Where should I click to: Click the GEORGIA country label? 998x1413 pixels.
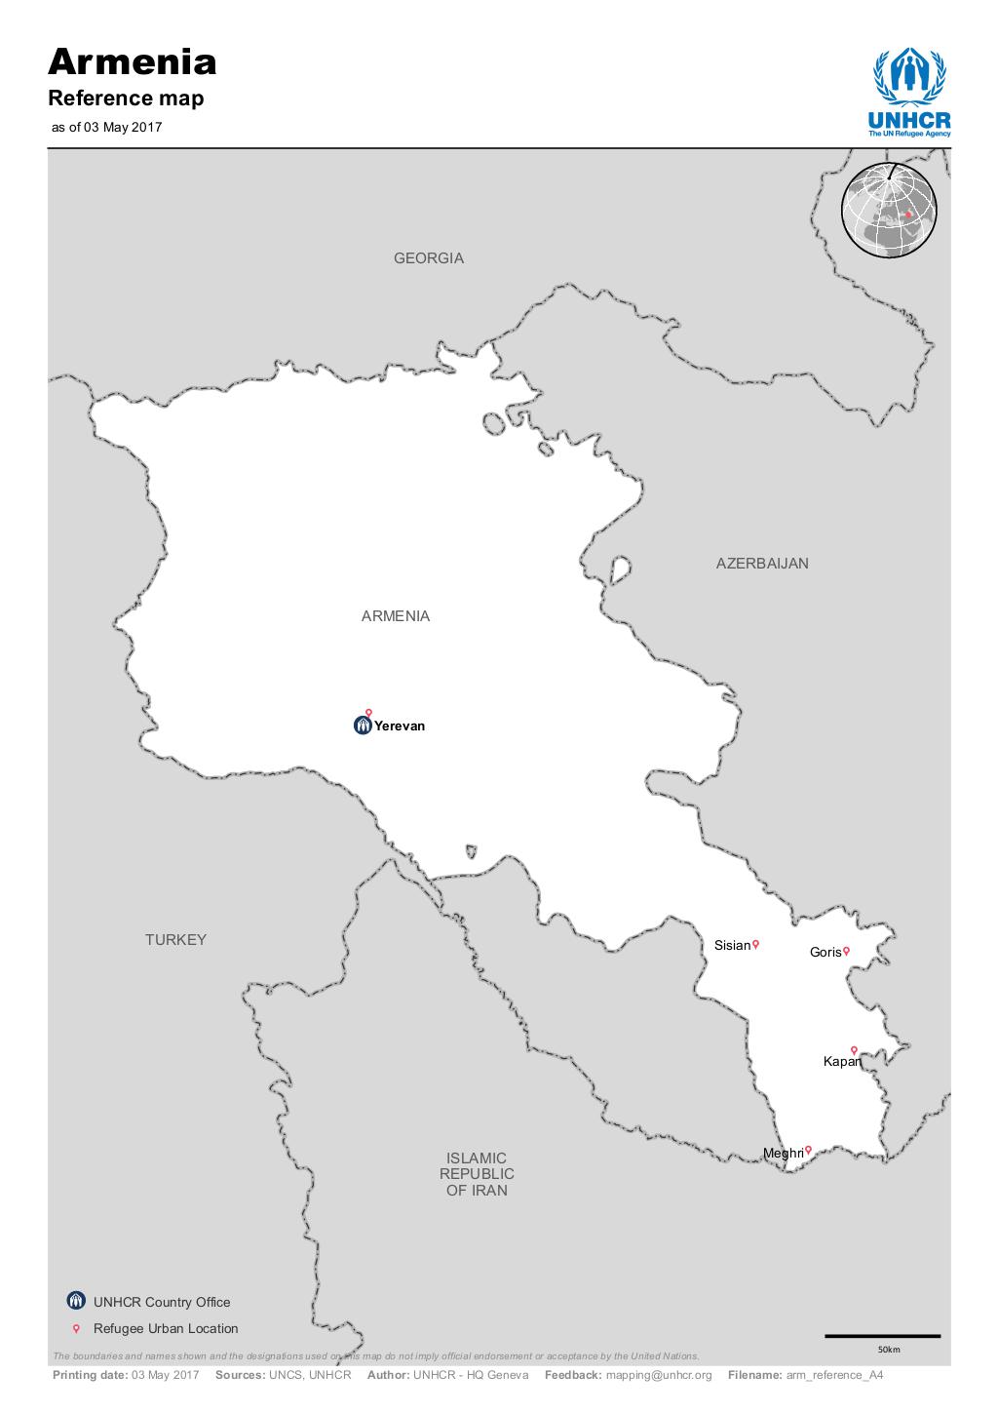(x=429, y=258)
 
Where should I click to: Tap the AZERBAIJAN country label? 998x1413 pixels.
(x=762, y=564)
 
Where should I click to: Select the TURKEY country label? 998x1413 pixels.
(x=175, y=940)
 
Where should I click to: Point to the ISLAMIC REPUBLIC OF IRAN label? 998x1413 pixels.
(x=477, y=1174)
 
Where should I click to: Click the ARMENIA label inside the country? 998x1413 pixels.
(x=395, y=616)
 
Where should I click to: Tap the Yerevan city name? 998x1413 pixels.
(x=400, y=726)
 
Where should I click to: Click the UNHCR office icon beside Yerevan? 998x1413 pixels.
(x=363, y=726)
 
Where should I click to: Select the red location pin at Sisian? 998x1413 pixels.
(x=755, y=944)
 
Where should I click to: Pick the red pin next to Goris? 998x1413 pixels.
(x=846, y=951)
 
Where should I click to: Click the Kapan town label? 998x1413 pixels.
(x=841, y=1062)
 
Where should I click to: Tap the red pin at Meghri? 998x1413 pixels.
(x=808, y=1151)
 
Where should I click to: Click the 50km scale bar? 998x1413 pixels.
(x=882, y=1336)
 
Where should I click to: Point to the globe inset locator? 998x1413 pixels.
(x=888, y=211)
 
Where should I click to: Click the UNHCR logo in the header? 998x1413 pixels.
(x=909, y=93)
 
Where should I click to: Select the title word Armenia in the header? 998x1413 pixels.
(x=133, y=61)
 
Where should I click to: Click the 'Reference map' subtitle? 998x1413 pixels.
(x=127, y=98)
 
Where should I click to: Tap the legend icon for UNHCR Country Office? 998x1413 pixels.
(x=76, y=1301)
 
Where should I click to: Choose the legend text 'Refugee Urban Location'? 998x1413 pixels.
(x=166, y=1328)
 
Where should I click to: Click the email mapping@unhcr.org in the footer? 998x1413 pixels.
(x=659, y=1375)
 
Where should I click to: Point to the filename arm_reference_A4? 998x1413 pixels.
(x=834, y=1375)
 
